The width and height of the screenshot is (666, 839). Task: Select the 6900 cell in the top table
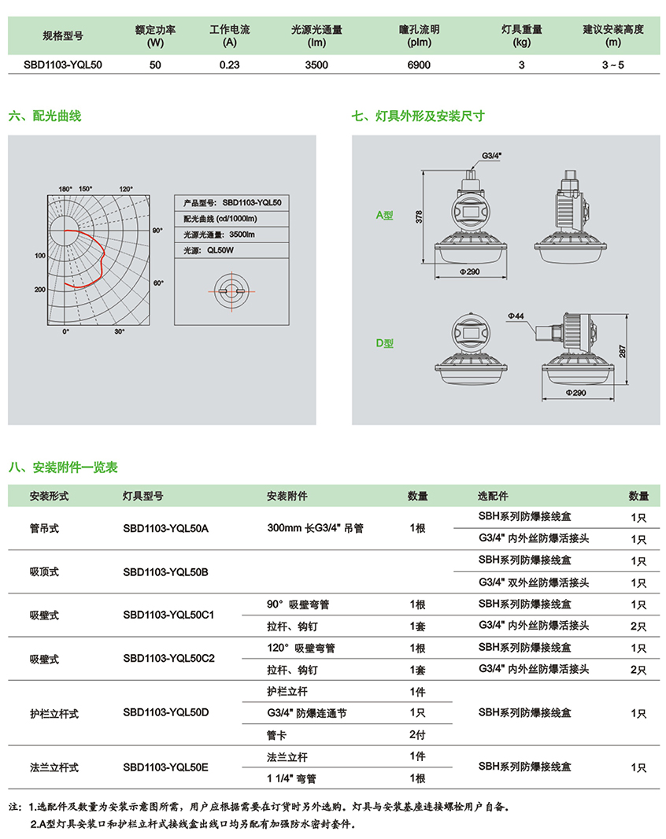[419, 65]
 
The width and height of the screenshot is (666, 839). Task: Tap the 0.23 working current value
[229, 65]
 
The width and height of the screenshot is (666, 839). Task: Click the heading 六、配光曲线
[45, 116]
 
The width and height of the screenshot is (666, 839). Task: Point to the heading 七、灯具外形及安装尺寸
[419, 116]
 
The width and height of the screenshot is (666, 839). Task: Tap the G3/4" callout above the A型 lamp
[491, 156]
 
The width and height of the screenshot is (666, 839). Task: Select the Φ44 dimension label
[516, 316]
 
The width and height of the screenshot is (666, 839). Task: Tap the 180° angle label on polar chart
[65, 189]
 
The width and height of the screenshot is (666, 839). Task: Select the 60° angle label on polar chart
[157, 282]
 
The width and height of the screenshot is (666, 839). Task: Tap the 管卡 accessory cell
[279, 735]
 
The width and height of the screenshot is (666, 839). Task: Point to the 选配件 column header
[494, 497]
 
